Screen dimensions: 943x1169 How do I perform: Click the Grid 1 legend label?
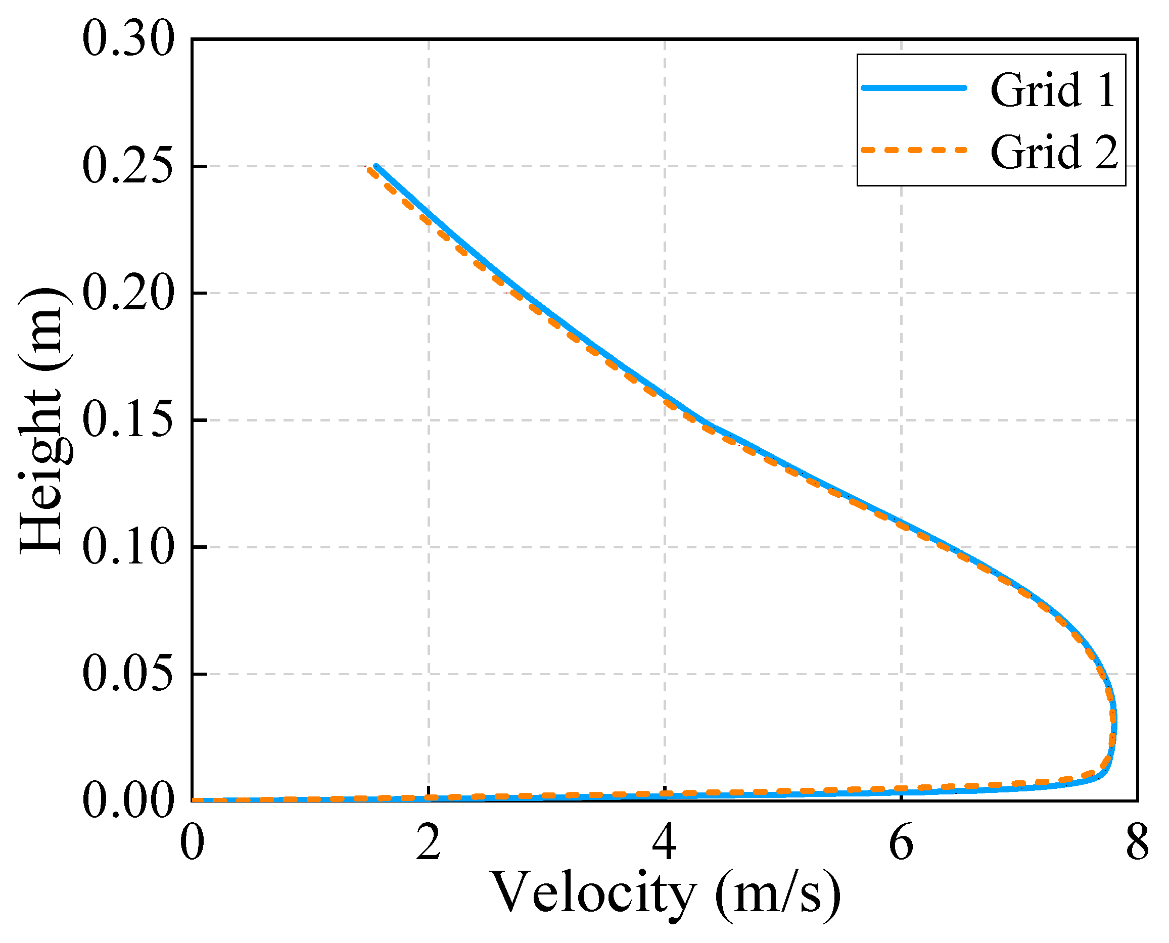[1052, 90]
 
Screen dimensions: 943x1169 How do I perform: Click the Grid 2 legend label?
[1054, 153]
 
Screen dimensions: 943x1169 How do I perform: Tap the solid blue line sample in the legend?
[914, 87]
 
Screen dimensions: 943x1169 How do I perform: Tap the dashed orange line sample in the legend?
[914, 150]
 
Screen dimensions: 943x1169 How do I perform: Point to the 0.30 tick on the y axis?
[128, 39]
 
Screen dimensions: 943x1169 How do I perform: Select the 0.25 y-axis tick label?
[128, 166]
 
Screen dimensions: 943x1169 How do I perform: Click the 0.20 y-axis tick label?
[128, 293]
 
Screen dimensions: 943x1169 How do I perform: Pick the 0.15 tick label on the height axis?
[128, 420]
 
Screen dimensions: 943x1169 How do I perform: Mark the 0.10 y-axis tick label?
[128, 547]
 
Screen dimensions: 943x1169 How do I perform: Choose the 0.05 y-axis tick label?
[128, 674]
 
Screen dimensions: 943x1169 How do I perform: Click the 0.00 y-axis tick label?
[128, 800]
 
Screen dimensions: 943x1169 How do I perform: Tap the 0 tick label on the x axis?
[192, 842]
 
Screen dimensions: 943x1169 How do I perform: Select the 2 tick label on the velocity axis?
[429, 842]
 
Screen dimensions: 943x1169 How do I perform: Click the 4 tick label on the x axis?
[665, 842]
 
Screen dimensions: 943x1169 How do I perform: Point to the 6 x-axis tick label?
[901, 842]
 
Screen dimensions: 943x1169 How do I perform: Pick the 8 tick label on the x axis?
[1137, 842]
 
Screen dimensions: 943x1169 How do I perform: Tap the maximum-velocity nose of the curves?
[1114, 723]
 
